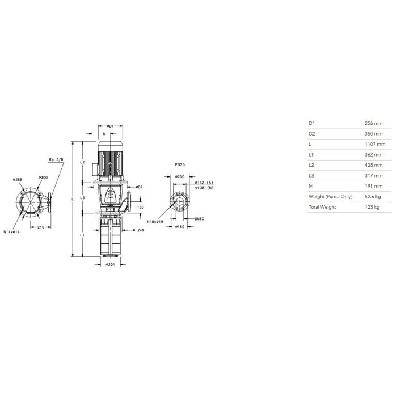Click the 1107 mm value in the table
click(375, 144)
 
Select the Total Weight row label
click(322, 207)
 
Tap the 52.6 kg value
click(373, 196)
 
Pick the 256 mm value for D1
click(373, 123)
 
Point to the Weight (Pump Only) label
click(331, 197)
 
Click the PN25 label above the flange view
click(180, 165)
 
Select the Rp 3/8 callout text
click(56, 160)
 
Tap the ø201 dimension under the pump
click(110, 265)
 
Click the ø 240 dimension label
click(138, 230)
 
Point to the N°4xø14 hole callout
click(11, 231)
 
